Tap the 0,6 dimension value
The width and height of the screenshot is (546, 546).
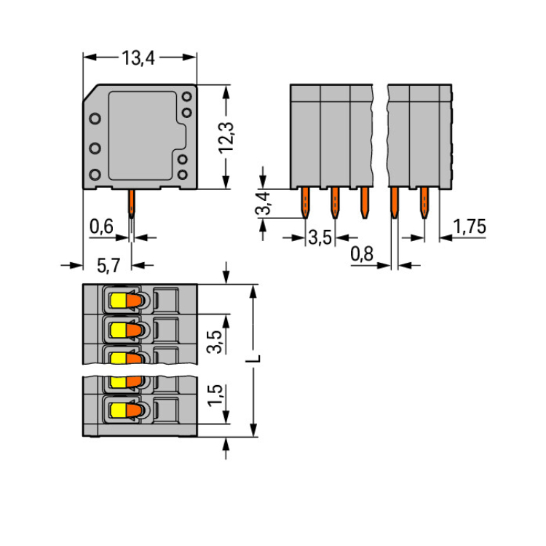[101, 226]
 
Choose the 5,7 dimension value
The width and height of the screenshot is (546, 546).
[108, 266]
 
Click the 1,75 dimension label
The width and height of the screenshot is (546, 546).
[469, 226]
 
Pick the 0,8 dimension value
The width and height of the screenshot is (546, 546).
[362, 253]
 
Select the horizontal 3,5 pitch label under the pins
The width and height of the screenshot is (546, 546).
[320, 237]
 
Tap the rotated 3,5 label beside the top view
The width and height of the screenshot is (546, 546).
[215, 340]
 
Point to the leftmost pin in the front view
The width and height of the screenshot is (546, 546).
[306, 202]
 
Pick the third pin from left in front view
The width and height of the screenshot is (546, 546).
[363, 202]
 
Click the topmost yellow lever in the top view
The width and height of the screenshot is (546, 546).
[118, 299]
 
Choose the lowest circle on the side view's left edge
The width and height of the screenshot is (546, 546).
[95, 174]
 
